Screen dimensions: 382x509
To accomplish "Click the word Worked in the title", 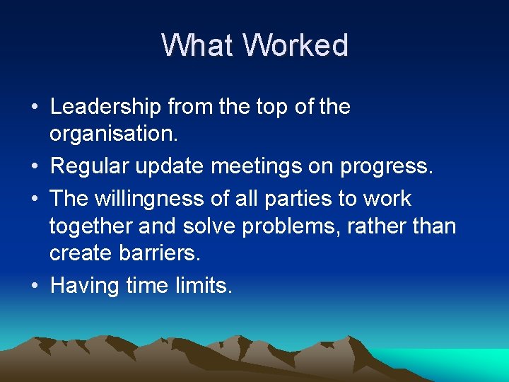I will tap(296, 45).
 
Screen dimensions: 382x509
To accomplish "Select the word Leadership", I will tap(106, 108).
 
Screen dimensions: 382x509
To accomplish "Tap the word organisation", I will tap(113, 134).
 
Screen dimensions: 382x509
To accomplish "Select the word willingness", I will tap(154, 199).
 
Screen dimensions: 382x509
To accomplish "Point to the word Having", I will tap(84, 286).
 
